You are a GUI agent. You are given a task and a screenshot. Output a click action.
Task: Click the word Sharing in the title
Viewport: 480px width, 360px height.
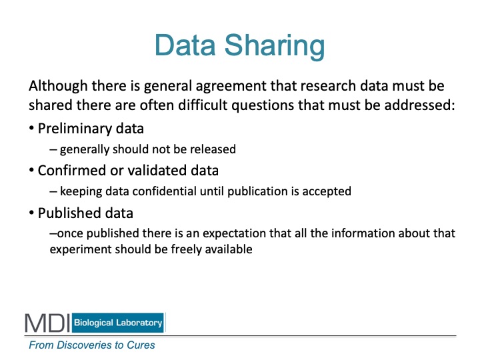pos(275,46)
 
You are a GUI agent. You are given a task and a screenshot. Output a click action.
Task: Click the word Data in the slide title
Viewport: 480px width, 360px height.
pos(185,45)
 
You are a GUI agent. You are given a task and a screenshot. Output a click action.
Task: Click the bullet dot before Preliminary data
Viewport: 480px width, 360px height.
pos(31,128)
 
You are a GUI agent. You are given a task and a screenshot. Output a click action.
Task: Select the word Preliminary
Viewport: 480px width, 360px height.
pos(75,129)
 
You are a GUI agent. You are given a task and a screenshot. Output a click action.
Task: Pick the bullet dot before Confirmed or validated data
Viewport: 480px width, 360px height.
pos(31,170)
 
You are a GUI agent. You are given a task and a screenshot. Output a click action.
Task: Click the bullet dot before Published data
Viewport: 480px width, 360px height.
pos(31,213)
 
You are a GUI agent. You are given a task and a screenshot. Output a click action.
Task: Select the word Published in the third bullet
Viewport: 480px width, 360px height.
pos(67,213)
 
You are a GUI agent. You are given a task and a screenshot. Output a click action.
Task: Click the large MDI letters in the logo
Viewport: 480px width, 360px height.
pos(48,323)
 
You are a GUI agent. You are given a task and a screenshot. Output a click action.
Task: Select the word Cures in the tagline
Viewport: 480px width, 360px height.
pos(141,345)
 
